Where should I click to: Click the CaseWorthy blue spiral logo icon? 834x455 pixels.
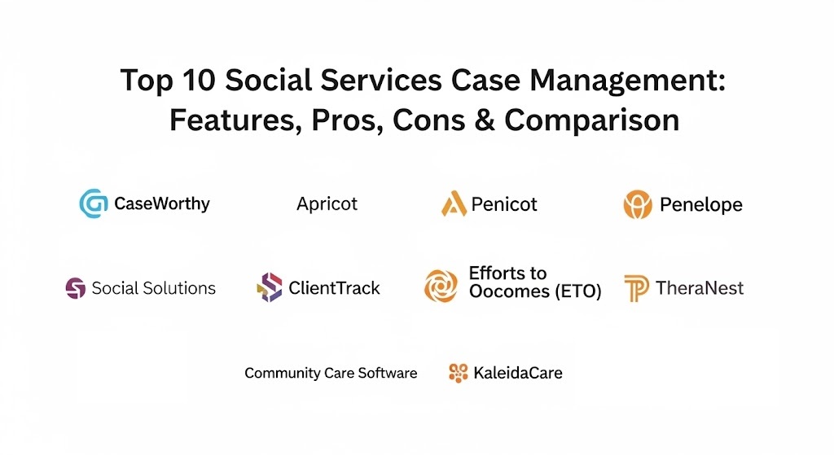94,203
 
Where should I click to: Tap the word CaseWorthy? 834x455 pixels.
162,203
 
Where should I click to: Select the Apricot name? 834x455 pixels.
327,204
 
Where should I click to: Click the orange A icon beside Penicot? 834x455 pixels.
454,203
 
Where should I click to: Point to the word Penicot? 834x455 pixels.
504,204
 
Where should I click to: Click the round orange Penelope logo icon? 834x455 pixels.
638,204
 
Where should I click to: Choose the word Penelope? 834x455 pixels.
701,204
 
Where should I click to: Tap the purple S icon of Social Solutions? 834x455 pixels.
76,288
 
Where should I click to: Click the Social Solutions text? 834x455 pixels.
154,288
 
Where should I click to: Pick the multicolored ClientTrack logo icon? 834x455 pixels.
270,287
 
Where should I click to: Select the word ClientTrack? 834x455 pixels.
334,288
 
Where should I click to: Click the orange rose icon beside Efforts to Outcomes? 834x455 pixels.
441,286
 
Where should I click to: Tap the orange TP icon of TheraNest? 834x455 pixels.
637,289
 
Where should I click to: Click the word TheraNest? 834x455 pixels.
700,288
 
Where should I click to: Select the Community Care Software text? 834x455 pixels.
331,373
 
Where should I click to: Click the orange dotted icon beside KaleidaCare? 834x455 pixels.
458,373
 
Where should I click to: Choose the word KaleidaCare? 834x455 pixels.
517,373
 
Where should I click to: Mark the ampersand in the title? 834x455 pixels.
485,120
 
